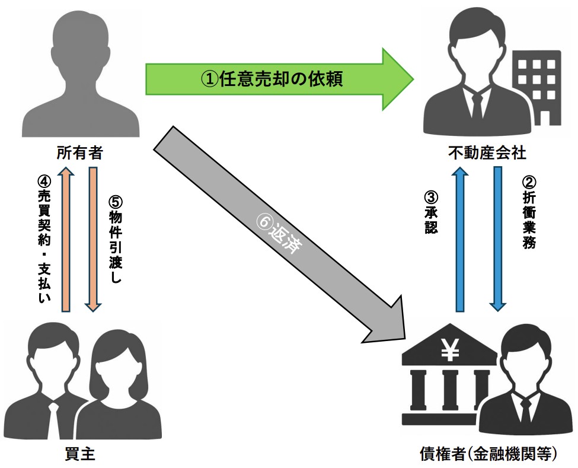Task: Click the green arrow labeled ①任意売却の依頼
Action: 279,79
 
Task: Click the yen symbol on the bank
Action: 449,351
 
